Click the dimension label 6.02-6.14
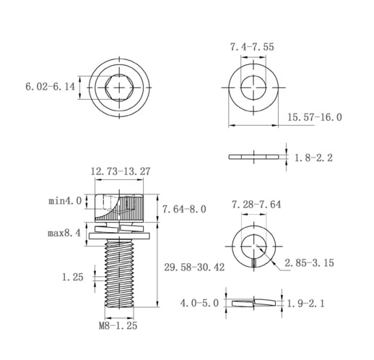click(x=51, y=87)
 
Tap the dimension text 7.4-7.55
click(x=252, y=47)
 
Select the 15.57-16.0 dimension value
click(x=315, y=117)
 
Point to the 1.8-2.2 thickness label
click(x=313, y=158)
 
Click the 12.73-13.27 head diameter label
click(x=121, y=171)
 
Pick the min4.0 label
click(x=65, y=201)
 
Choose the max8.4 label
click(x=64, y=233)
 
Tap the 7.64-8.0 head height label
click(x=184, y=209)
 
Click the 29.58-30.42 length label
click(x=194, y=267)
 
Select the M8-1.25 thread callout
click(x=118, y=326)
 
